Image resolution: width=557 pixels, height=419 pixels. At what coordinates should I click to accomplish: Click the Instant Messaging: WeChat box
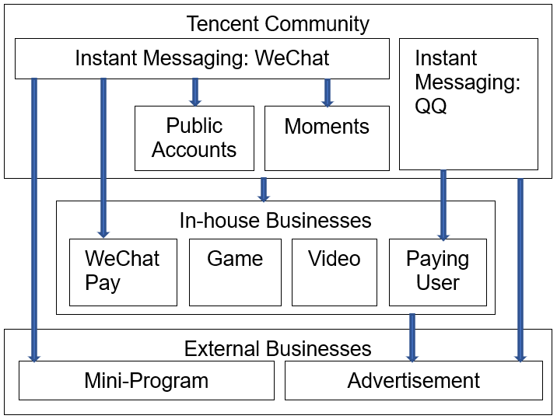point(201,58)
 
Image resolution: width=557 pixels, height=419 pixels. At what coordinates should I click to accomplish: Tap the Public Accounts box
point(194,138)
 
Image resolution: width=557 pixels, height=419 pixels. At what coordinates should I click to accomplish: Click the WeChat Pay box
point(123,271)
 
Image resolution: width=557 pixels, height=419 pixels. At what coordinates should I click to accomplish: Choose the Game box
point(235,271)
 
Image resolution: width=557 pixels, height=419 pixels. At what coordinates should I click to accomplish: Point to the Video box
point(334,271)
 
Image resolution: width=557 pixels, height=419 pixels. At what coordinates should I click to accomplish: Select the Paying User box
point(437,271)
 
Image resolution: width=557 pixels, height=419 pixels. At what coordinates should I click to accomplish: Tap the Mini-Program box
point(146,380)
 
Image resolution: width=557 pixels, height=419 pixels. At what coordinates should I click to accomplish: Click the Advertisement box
point(413,380)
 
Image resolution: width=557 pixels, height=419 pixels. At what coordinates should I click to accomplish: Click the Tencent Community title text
point(278,23)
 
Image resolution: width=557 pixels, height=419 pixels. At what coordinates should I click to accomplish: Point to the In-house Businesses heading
point(275,220)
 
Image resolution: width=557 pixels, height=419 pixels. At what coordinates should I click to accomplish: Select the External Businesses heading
point(278,347)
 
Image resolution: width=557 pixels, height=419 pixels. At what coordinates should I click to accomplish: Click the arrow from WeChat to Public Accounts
point(194,92)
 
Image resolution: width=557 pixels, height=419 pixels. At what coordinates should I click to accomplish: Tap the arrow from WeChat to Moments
point(327,92)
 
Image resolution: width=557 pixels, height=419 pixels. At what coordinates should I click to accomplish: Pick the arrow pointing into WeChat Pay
point(103,155)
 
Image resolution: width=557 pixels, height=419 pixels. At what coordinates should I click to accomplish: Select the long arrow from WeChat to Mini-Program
point(34,218)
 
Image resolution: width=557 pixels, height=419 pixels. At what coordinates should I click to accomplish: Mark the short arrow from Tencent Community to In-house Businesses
point(264,190)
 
